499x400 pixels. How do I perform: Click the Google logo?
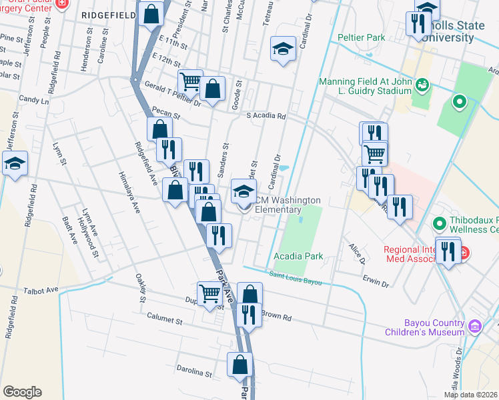tap(22, 392)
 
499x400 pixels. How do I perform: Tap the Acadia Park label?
tap(298, 256)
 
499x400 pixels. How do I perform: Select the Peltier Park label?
tap(362, 38)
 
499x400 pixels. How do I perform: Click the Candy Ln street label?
tap(34, 101)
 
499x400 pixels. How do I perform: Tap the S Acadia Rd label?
tap(266, 116)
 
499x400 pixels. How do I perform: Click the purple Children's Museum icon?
tap(475, 326)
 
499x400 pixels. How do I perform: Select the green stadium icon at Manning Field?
tap(422, 85)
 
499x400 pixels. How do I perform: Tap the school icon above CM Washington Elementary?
tap(243, 191)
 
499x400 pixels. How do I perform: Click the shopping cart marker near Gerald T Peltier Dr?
tap(190, 81)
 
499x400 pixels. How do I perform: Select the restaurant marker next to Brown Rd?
tap(249, 313)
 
